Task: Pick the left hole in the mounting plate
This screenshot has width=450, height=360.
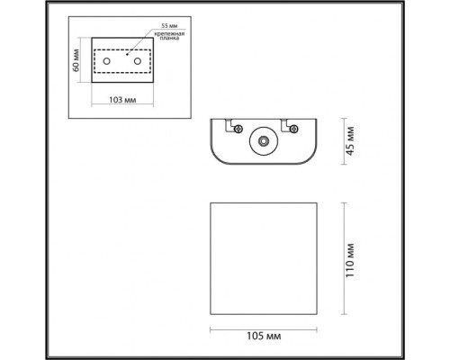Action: tap(108, 59)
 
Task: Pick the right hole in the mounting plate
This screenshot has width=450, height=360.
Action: tap(138, 59)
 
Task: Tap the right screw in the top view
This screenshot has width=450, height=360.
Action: tap(294, 130)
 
